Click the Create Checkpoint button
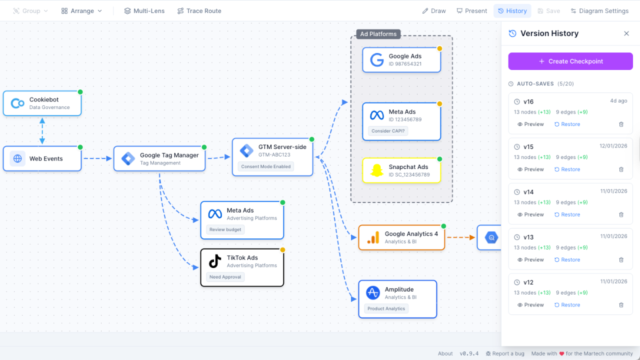(570, 61)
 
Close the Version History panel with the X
(626, 33)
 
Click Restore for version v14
(567, 214)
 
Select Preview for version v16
(530, 124)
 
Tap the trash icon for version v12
(621, 305)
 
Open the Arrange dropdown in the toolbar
(81, 11)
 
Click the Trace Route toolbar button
(199, 11)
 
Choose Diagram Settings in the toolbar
(599, 11)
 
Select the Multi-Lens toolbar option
(144, 11)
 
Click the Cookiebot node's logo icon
(17, 103)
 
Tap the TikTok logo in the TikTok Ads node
(215, 261)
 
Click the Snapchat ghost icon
(376, 170)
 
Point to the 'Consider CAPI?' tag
(388, 131)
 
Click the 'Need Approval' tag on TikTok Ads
(225, 277)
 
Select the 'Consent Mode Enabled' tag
(265, 166)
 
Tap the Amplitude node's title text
(399, 289)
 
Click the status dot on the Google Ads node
(439, 48)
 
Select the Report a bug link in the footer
(505, 353)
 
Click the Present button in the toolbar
(471, 11)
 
